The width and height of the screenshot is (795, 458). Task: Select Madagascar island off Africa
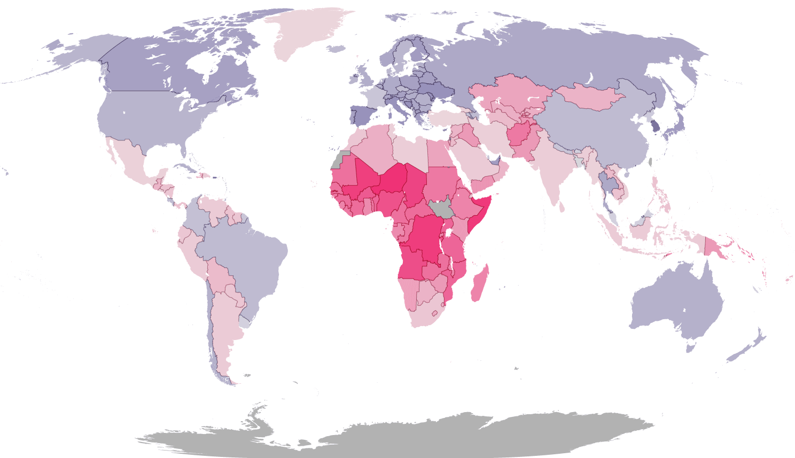tap(480, 285)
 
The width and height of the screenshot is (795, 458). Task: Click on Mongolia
tap(590, 97)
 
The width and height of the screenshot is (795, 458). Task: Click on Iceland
tap(336, 49)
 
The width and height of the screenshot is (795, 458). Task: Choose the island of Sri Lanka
tap(562, 207)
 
